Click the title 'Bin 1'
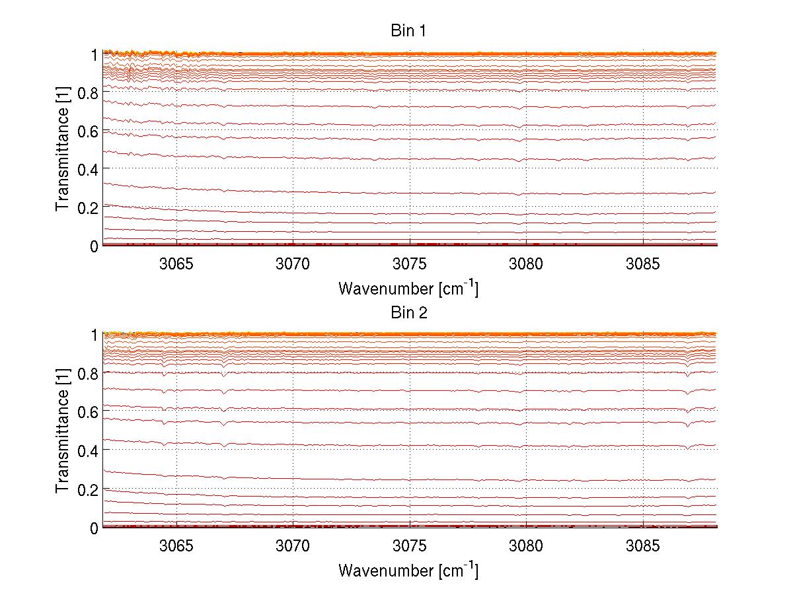coord(408,31)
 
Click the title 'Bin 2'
coord(408,312)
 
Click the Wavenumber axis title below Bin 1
coord(408,289)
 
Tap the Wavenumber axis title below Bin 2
coord(408,571)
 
